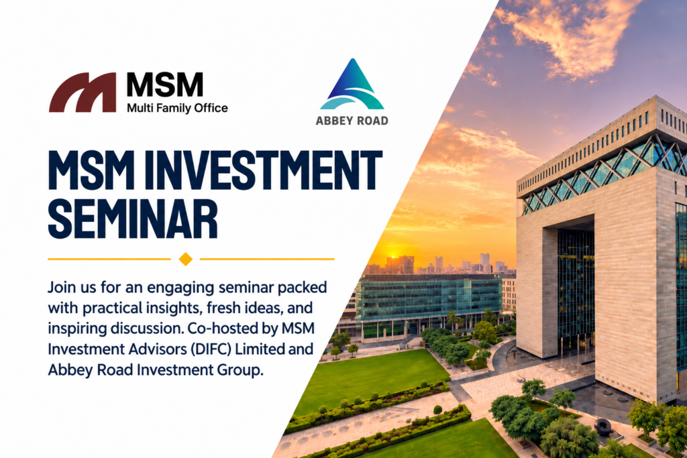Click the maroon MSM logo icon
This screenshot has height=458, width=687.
(83, 93)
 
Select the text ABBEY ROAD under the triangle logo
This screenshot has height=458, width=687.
(352, 121)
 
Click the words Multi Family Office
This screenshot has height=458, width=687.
(177, 108)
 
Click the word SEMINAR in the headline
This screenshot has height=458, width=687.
(134, 218)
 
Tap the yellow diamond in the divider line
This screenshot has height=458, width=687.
(186, 259)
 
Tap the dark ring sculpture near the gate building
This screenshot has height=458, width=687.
(603, 425)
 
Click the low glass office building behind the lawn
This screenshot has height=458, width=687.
(429, 302)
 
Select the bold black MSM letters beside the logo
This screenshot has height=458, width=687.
(165, 85)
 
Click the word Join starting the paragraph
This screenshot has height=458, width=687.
(62, 288)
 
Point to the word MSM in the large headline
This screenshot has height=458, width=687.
(90, 170)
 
